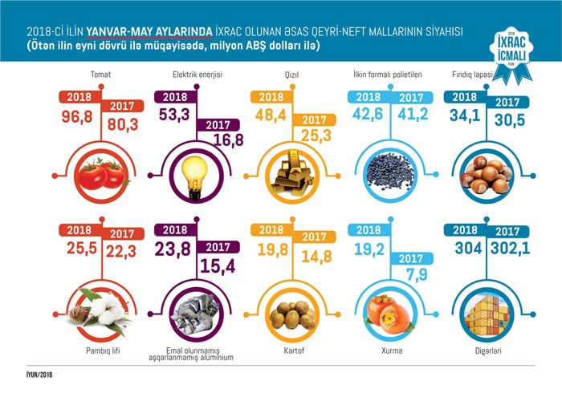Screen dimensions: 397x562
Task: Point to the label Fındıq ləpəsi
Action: coord(479,77)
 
